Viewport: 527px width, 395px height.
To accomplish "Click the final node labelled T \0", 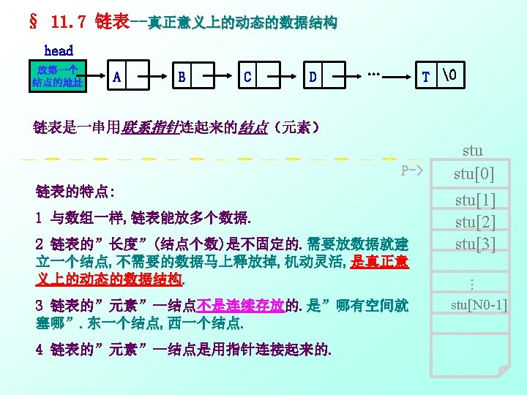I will click(441, 77).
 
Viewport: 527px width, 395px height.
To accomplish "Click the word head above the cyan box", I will click(59, 50).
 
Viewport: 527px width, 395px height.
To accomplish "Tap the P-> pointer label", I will click(412, 171).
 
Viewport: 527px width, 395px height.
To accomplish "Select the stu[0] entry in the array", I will click(474, 174).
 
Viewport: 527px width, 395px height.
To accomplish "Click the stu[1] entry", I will click(475, 200).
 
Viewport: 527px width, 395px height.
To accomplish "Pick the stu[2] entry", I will click(475, 222).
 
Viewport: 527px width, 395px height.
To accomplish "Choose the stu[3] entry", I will click(475, 244).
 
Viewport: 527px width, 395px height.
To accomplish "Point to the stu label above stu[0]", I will click(473, 151).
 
